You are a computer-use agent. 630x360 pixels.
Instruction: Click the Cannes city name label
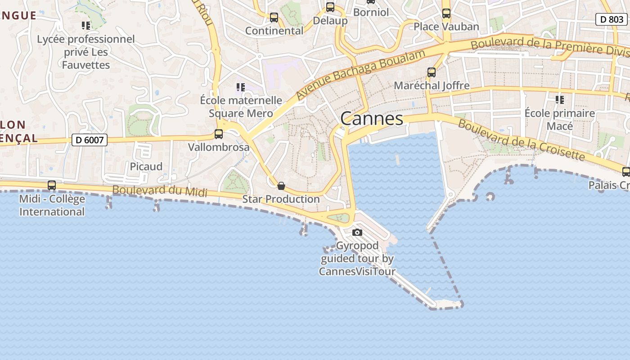[372, 119]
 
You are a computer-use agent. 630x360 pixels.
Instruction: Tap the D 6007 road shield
[90, 140]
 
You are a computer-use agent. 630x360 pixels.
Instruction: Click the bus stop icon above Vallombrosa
[219, 134]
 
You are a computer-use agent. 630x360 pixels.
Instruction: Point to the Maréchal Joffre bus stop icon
[432, 72]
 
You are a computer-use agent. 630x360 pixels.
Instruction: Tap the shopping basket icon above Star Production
[281, 186]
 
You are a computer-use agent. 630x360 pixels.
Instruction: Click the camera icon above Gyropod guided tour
[357, 233]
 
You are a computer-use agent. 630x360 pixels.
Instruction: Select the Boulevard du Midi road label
[160, 191]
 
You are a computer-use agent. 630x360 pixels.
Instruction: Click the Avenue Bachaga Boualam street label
[360, 75]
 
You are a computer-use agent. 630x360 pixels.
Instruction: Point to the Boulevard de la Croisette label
[522, 140]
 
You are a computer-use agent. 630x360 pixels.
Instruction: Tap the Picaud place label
[146, 166]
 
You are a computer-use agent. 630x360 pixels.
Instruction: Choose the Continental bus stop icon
[274, 18]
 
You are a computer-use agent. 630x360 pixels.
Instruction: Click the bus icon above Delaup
[330, 7]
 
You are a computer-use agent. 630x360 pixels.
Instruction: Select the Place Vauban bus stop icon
[446, 13]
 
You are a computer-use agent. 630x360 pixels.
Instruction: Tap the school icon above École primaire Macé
[559, 99]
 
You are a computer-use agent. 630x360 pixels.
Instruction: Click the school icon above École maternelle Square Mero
[241, 87]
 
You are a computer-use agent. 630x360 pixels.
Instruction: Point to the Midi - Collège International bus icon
[52, 185]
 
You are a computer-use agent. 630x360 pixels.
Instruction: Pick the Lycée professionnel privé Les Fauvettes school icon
[85, 26]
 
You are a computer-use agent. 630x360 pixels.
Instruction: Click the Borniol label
[371, 12]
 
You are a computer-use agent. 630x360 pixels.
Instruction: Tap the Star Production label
[281, 199]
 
